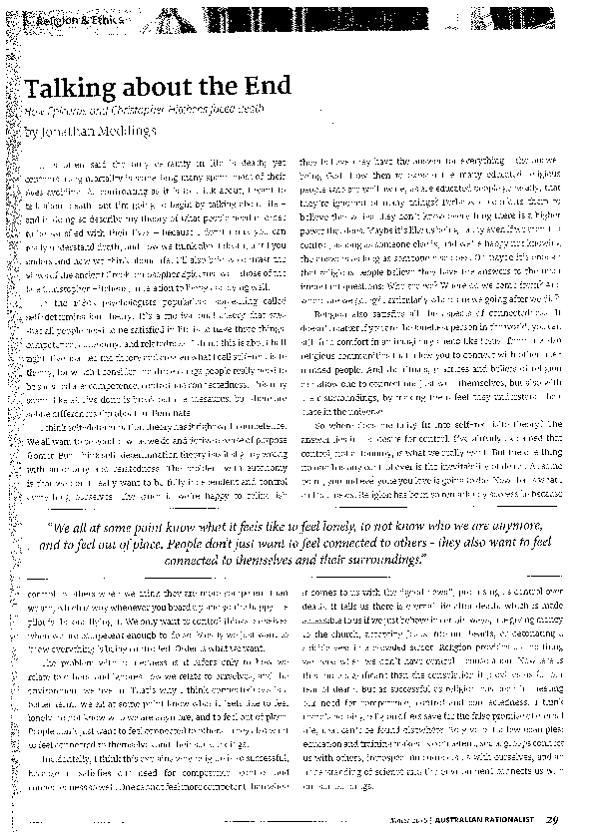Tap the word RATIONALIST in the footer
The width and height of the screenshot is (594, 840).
[x=511, y=821]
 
